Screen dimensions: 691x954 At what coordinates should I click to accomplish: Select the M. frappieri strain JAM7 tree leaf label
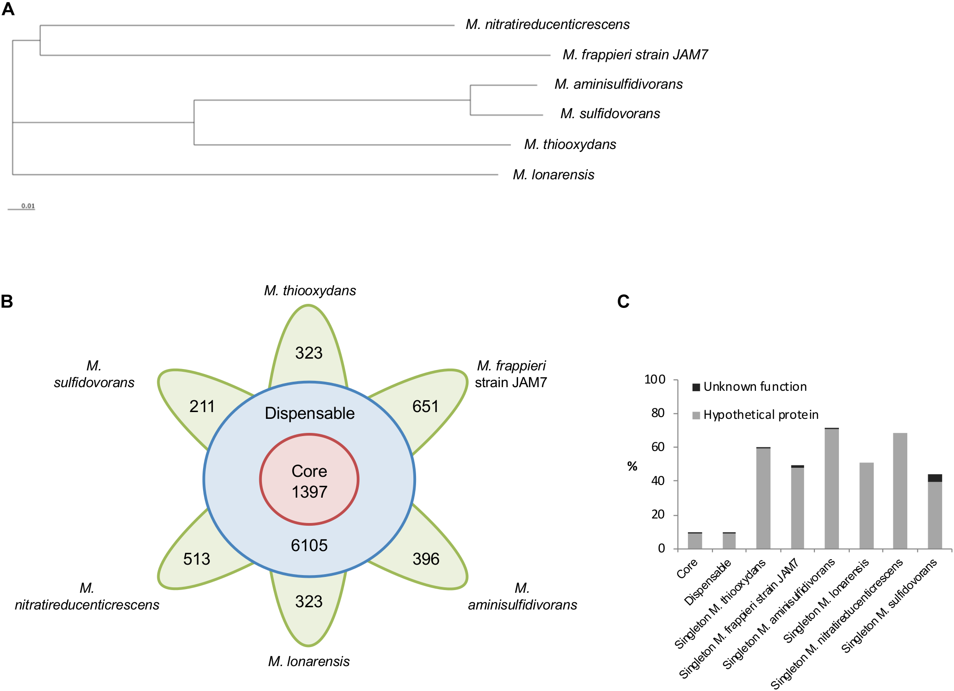tap(634, 55)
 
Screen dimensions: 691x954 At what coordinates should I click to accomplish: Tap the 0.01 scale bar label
tap(28, 206)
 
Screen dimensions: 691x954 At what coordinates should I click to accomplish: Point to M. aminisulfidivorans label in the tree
tap(618, 84)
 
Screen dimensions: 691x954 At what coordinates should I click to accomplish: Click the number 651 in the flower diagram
tap(425, 406)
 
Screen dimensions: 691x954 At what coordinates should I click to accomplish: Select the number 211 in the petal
tap(202, 406)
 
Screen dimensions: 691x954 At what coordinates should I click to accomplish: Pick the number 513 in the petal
tap(196, 559)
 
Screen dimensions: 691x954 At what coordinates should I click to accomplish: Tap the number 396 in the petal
tap(426, 559)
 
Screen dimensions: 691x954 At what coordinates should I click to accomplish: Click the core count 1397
tap(309, 492)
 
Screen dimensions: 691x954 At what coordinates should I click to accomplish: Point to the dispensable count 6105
tap(309, 545)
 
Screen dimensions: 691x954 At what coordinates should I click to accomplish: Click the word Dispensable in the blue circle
tap(310, 413)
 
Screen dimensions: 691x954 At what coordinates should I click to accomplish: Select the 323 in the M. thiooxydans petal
tap(309, 353)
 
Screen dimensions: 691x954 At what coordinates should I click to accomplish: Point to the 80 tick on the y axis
tap(658, 413)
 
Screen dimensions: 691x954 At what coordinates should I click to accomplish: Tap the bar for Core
tap(695, 541)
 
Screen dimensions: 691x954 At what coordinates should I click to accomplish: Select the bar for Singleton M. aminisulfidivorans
tap(832, 489)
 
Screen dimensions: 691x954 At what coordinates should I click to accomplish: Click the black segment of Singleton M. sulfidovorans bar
tap(935, 478)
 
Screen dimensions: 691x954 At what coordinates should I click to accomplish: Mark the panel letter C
tap(623, 302)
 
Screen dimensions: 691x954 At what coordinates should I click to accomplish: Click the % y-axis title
tap(632, 466)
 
